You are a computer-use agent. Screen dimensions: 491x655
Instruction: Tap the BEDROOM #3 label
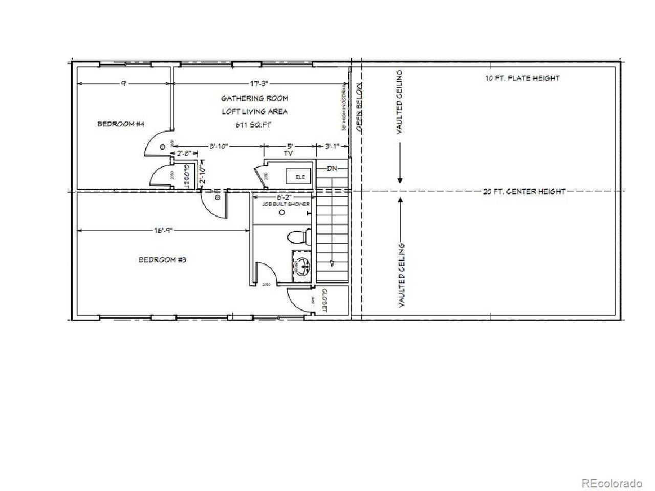[x=162, y=260]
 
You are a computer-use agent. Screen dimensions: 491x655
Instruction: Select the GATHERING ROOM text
[x=254, y=98]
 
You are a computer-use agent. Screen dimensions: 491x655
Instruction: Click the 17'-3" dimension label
[x=259, y=83]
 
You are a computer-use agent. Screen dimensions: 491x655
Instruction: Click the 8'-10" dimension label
[x=219, y=146]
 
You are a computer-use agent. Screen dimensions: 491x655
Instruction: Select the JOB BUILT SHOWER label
[x=279, y=204]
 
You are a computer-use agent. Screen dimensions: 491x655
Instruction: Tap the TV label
[x=290, y=153]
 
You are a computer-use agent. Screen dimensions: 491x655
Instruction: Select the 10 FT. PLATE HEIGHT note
[x=522, y=78]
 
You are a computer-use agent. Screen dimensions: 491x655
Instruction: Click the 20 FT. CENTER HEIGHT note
[x=524, y=192]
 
